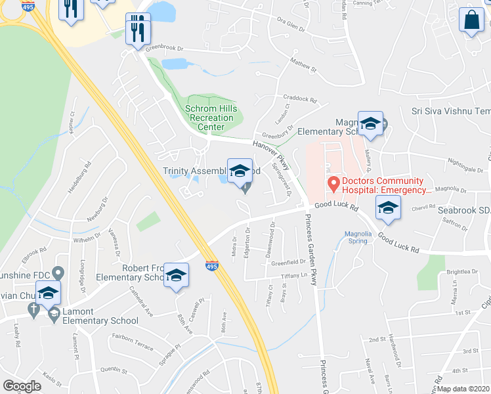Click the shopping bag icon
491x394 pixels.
click(x=472, y=20)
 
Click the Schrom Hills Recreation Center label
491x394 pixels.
click(x=210, y=118)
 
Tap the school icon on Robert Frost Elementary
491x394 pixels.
click(x=176, y=276)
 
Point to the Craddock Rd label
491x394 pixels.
click(x=300, y=99)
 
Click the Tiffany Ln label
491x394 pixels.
click(x=293, y=276)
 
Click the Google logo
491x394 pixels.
click(x=22, y=386)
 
